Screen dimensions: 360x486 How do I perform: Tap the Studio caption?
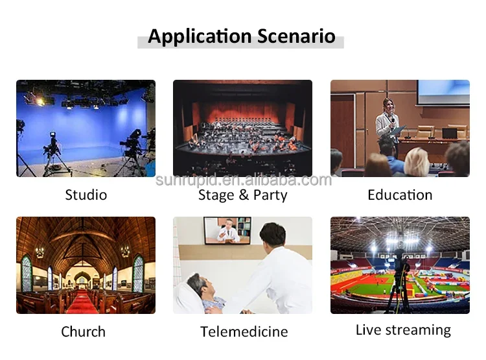pyautogui.click(x=86, y=195)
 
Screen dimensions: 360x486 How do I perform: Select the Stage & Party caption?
pyautogui.click(x=242, y=195)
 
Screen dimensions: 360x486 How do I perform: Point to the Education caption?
pyautogui.click(x=400, y=195)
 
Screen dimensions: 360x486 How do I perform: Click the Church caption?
pyautogui.click(x=83, y=331)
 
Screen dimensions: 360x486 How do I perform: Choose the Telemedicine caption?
pyautogui.click(x=244, y=331)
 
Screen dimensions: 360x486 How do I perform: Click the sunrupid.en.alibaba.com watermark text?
pyautogui.click(x=243, y=180)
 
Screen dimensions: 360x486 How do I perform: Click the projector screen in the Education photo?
pyautogui.click(x=443, y=92)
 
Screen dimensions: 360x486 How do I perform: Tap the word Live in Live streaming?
pyautogui.click(x=367, y=330)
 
